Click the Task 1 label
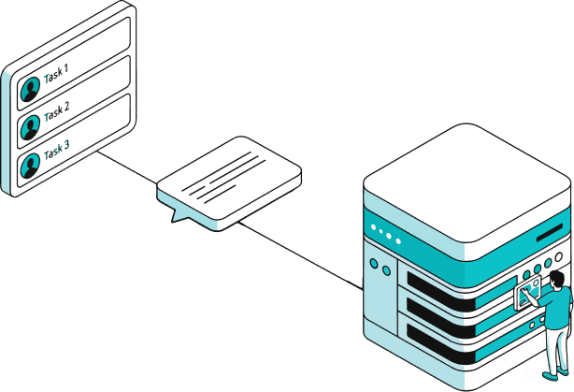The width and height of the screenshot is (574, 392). click(x=57, y=71)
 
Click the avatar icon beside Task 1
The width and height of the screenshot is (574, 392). click(x=31, y=86)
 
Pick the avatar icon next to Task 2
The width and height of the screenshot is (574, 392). click(x=31, y=124)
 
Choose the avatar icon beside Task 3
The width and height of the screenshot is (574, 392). click(x=31, y=165)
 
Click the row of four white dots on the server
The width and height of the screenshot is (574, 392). click(x=385, y=234)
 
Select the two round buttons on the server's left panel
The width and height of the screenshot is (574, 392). click(x=380, y=268)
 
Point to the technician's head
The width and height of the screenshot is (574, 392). click(x=556, y=278)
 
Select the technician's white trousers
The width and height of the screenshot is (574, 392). click(x=558, y=346)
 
